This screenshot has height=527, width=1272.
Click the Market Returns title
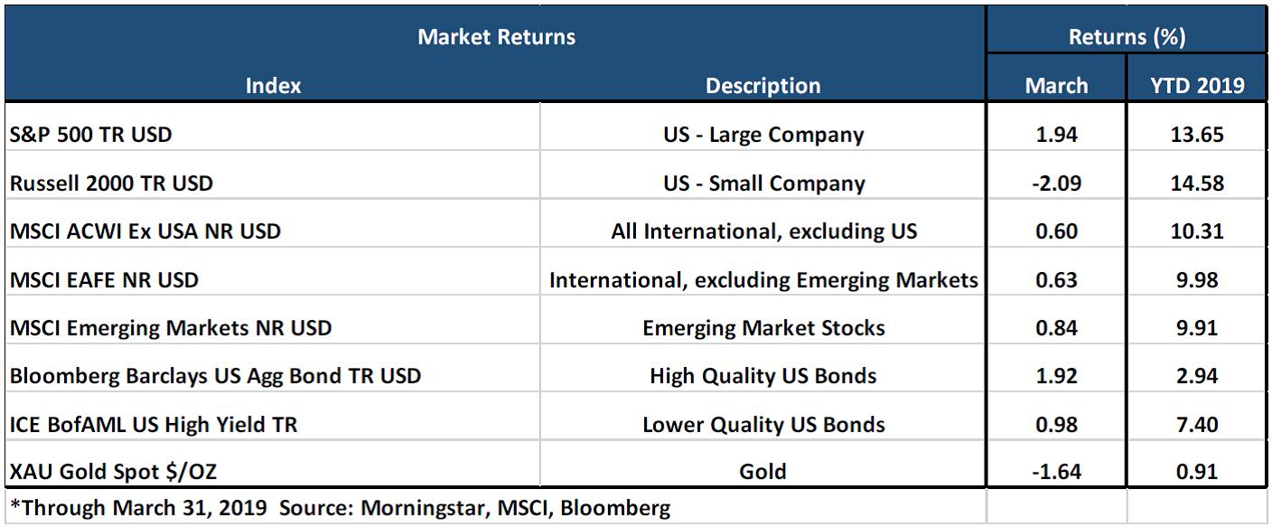point(496,37)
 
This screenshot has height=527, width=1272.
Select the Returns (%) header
point(1127,37)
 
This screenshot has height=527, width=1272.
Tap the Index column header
point(273,86)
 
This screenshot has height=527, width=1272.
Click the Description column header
point(762,86)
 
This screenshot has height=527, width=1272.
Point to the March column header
point(1056,86)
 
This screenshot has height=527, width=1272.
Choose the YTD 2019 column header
point(1197,86)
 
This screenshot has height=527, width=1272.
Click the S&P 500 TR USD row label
point(91,135)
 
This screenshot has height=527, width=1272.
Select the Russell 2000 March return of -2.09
point(1056,184)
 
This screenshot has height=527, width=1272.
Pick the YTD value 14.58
point(1197,184)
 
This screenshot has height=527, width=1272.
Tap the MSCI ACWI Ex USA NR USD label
point(145,231)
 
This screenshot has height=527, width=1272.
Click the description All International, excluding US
point(763,231)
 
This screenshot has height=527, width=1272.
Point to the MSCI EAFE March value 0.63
point(1056,280)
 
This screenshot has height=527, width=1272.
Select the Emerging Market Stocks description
point(763,328)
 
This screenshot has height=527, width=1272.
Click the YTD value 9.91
point(1197,328)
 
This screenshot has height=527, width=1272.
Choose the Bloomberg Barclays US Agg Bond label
point(215,377)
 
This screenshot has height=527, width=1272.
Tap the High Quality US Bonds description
point(763,377)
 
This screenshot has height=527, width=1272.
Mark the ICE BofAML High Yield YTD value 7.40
point(1197,425)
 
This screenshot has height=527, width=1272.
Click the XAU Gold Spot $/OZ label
point(113,472)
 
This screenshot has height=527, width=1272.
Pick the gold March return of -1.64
point(1056,472)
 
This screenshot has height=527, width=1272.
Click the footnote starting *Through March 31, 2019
point(341,508)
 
